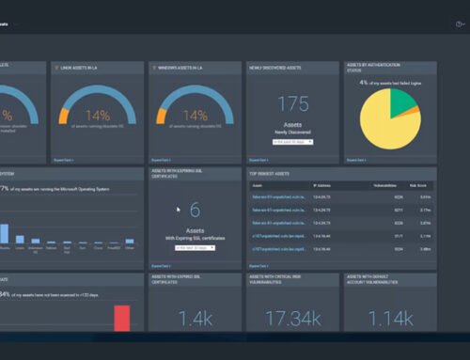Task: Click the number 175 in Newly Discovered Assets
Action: tap(293, 104)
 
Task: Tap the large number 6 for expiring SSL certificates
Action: tap(195, 211)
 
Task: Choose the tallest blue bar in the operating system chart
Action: tap(5, 233)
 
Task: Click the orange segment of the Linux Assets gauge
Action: tap(64, 117)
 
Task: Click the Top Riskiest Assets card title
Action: tap(270, 174)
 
